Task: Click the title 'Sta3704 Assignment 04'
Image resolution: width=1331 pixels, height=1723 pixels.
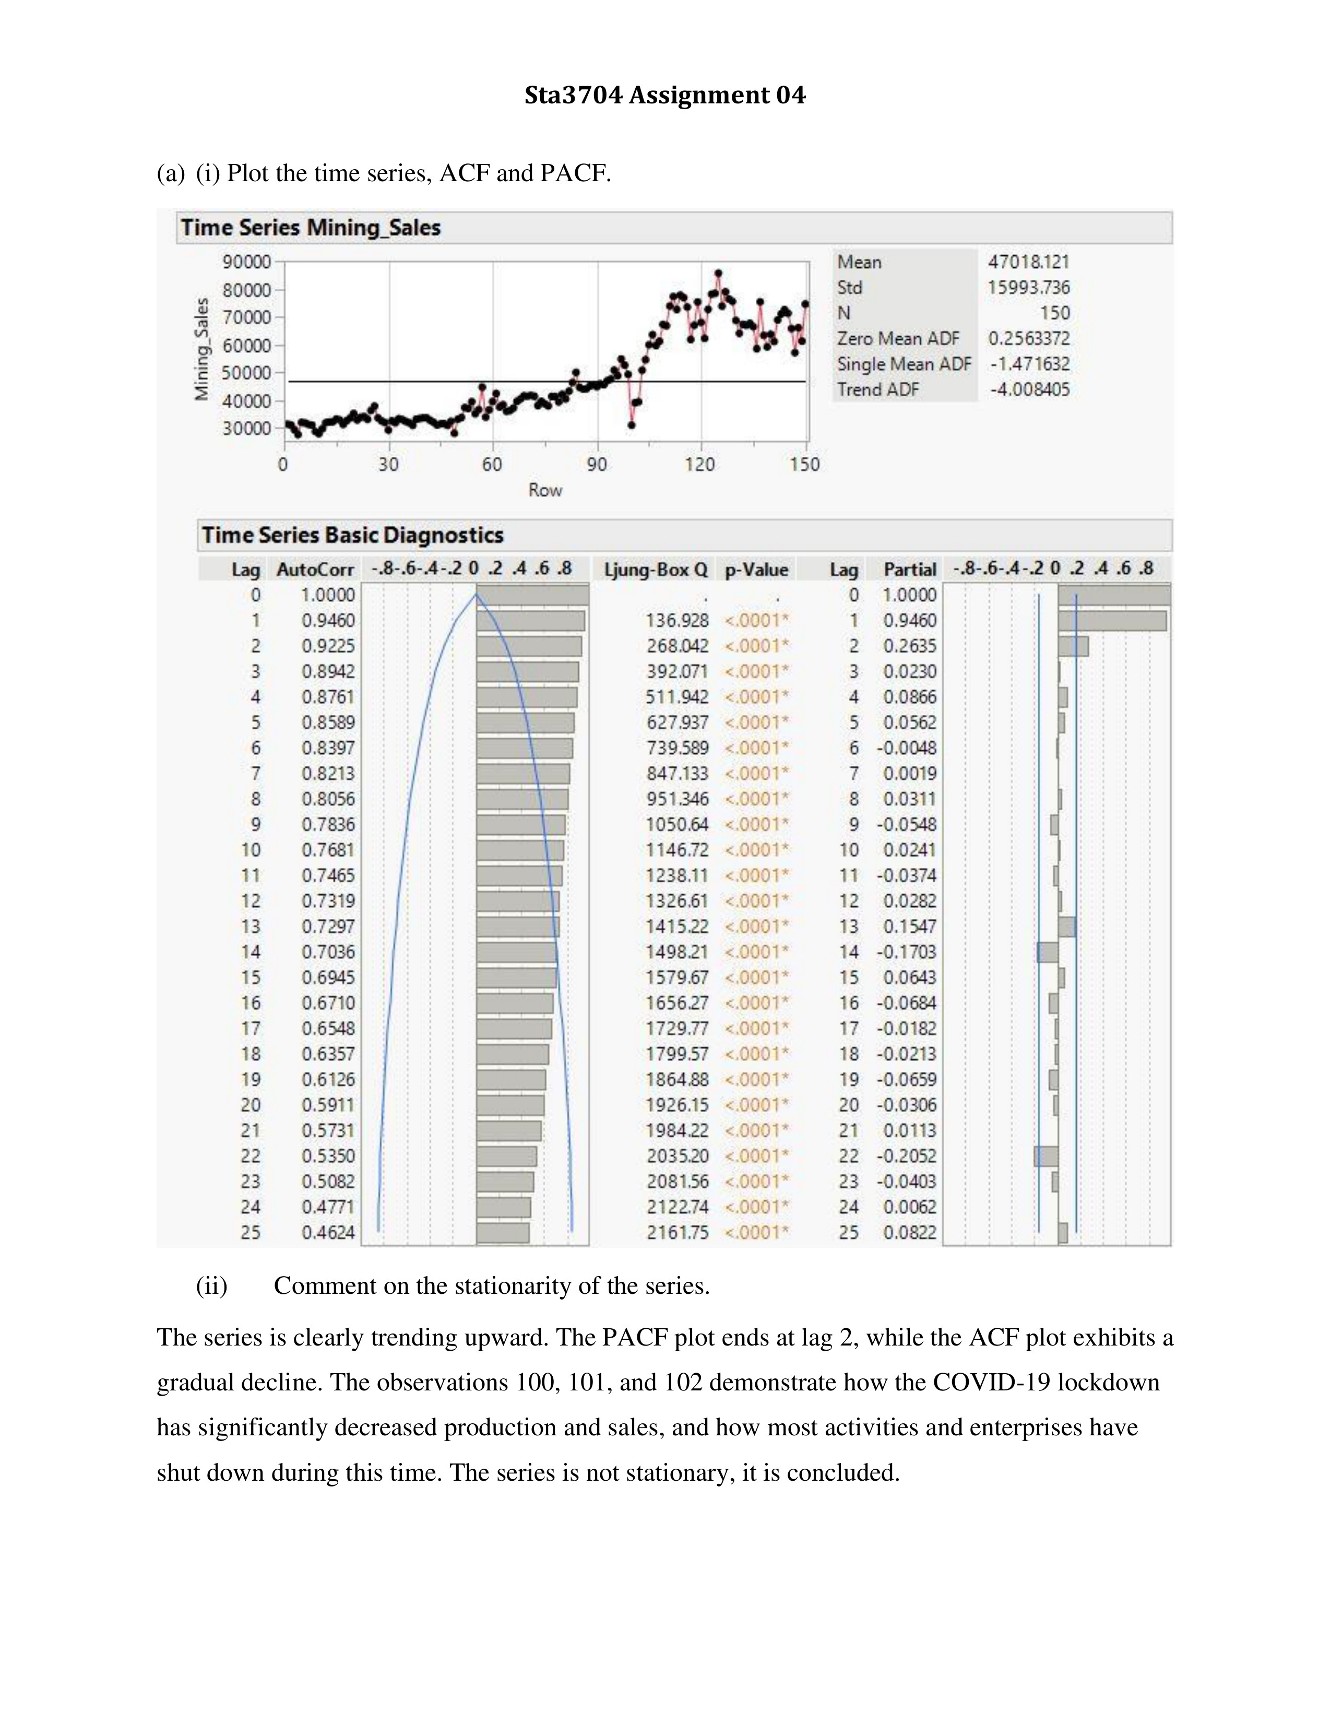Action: tap(664, 96)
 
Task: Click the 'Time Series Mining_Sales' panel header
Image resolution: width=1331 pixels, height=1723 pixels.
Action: tap(311, 228)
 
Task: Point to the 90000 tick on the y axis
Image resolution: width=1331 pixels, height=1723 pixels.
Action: tap(248, 262)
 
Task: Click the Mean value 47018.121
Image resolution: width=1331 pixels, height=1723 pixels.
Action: tap(1028, 262)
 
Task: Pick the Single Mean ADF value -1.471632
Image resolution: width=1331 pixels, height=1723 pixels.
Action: tap(1030, 364)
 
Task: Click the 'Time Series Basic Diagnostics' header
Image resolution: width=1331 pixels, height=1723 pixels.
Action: tap(352, 536)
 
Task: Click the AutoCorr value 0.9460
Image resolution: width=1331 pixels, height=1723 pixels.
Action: tap(328, 621)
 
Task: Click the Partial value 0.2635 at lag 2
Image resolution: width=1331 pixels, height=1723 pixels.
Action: tap(909, 646)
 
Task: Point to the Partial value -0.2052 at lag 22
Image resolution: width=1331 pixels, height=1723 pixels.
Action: tap(907, 1156)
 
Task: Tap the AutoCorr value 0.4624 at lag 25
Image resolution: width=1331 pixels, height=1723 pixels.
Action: tap(328, 1232)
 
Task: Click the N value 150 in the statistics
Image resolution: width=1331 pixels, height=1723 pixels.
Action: tap(1054, 313)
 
